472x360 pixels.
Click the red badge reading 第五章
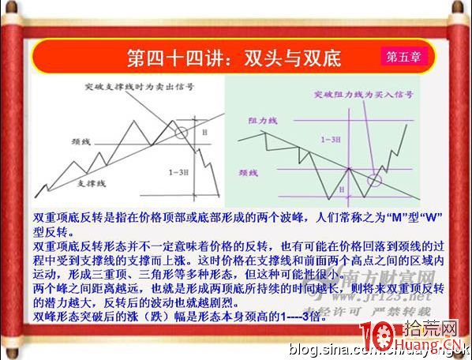405,57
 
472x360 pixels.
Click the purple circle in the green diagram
373,181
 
